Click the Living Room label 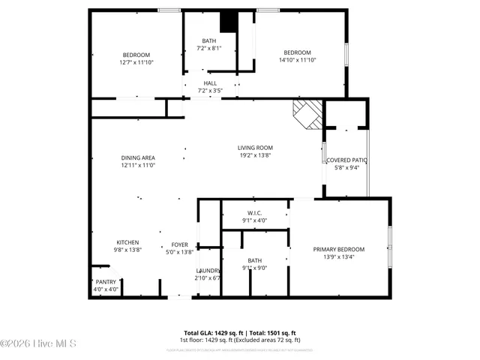255,148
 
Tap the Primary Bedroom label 338,249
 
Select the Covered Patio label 347,160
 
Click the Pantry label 105,282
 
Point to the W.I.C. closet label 254,213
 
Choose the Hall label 210,83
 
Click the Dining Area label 138,157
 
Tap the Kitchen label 127,242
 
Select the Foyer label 180,244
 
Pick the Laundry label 208,271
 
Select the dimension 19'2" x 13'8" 255,156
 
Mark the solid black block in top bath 229,22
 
